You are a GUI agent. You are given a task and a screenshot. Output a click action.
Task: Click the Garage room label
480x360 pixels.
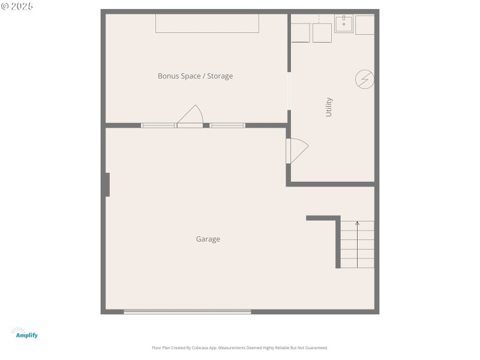208,239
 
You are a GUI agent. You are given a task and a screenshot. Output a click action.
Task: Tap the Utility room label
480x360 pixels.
329,107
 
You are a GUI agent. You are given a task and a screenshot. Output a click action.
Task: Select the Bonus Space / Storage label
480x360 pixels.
195,76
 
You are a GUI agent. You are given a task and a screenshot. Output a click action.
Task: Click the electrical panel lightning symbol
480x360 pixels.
364,79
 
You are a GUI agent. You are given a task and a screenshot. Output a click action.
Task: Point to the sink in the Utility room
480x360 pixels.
344,24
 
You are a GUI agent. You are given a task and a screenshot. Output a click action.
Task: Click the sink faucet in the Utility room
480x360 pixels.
344,19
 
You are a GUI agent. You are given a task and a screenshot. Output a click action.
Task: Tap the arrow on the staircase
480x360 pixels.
357,224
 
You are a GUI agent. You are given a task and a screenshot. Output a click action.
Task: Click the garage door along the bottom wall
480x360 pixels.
187,311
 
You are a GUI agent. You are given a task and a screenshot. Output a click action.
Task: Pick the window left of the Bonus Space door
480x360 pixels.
158,125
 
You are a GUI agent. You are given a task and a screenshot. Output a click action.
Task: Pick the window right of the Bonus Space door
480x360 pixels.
227,125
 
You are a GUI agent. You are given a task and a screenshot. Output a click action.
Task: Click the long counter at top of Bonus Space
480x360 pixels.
207,23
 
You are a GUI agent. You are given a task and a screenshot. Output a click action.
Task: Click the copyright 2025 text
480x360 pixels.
17,6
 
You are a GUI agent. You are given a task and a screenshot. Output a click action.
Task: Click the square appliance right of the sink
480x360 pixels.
365,25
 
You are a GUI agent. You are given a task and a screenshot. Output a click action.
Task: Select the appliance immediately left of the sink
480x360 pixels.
322,32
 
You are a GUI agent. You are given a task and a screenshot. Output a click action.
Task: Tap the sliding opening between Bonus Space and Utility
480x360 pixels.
289,91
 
